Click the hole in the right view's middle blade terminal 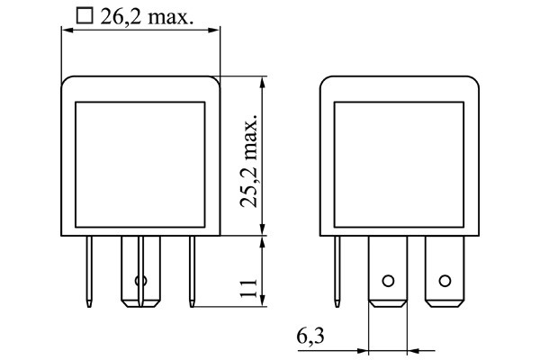point(388,280)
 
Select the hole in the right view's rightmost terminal point(444,280)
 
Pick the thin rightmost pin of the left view point(191,270)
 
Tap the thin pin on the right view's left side point(338,270)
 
